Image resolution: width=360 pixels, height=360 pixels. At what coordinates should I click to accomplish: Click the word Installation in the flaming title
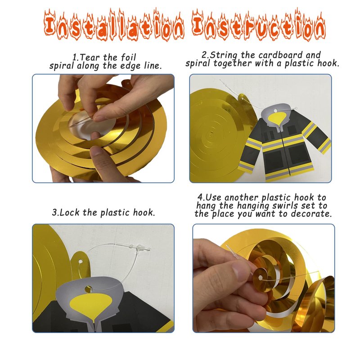(x=114, y=25)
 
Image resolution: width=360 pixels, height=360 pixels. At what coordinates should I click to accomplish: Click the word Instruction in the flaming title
(x=259, y=25)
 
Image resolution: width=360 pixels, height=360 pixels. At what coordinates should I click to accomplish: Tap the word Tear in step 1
(x=91, y=57)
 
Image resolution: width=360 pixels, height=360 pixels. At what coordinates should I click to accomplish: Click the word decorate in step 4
(x=311, y=214)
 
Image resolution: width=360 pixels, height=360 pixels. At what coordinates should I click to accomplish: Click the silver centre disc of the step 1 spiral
(x=92, y=125)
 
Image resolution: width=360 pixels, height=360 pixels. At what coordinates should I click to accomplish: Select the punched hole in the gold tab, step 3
(x=81, y=261)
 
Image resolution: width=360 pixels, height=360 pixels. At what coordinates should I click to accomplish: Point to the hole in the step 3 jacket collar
(x=88, y=289)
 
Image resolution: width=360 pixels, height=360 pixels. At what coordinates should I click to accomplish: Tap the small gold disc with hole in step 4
(x=261, y=278)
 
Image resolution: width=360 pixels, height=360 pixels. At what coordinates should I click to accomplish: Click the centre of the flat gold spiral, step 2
(x=211, y=133)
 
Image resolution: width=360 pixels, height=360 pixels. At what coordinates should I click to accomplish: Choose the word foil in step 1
(x=128, y=57)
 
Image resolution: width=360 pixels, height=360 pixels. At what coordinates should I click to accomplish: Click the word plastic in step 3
(x=115, y=212)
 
